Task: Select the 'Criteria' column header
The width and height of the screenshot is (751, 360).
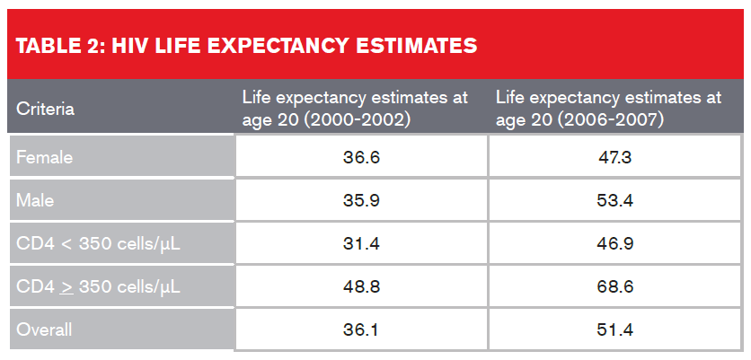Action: [x=46, y=110]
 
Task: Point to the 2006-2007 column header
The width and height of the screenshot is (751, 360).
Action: [x=596, y=109]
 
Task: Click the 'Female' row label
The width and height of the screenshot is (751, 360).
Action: [x=44, y=157]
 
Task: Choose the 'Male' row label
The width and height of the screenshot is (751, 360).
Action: [x=36, y=200]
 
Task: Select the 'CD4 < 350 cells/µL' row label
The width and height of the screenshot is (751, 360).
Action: [x=93, y=243]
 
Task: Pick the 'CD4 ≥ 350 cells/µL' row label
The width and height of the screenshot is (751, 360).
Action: [x=93, y=286]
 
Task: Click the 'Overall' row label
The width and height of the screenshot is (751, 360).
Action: [x=44, y=329]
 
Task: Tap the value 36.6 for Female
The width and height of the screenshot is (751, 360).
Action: [x=360, y=157]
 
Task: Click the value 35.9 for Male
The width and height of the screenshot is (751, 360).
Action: [x=360, y=200]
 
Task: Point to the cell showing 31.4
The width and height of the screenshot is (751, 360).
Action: [x=360, y=243]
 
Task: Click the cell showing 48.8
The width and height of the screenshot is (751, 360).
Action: [x=360, y=286]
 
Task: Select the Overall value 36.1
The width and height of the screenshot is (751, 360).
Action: [x=360, y=329]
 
